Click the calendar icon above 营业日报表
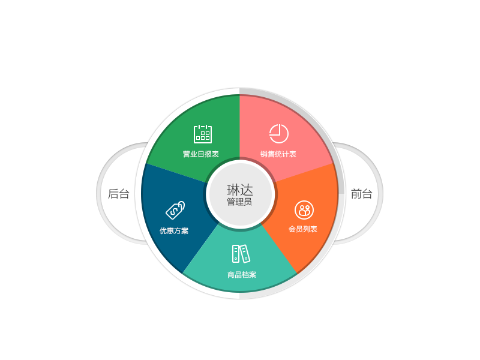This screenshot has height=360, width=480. (203, 134)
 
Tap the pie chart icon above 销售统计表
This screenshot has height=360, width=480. (278, 133)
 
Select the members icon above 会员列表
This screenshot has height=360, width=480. (304, 210)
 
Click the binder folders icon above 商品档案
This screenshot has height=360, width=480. (241, 254)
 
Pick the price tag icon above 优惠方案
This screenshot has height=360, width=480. (175, 211)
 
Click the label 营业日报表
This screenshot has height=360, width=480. (201, 154)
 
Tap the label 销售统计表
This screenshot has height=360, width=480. (278, 154)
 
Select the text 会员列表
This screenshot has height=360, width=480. (303, 229)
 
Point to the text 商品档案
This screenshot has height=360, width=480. (242, 275)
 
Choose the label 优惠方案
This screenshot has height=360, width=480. (174, 231)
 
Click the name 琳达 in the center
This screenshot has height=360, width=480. (240, 190)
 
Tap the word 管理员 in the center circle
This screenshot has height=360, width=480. (239, 202)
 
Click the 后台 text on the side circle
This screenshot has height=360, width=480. (118, 194)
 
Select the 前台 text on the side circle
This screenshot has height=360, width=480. (362, 194)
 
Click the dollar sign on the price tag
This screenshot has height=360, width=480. (175, 211)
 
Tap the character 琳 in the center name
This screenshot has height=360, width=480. (233, 190)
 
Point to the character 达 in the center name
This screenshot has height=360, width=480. (247, 190)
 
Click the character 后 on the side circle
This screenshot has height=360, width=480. (113, 194)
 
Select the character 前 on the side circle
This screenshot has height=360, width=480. (356, 194)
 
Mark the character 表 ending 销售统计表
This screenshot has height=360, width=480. (293, 154)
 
